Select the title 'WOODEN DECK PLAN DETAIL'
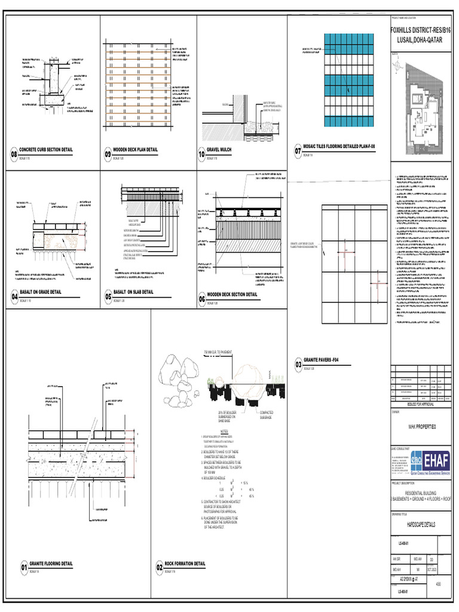pos(135,149)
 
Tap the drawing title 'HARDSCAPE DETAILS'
pos(422,524)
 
